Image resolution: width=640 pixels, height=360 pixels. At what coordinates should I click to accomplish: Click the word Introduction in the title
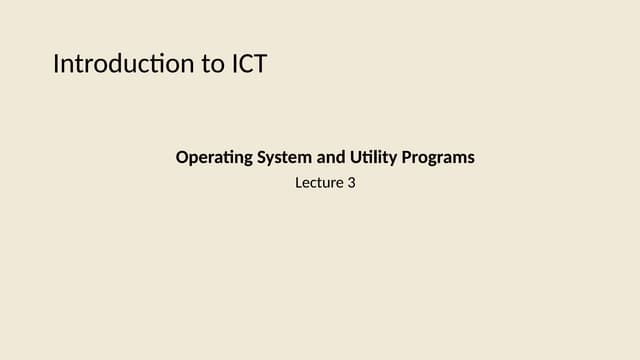pyautogui.click(x=123, y=65)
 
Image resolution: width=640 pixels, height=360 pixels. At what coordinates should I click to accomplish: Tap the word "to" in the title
pyautogui.click(x=210, y=65)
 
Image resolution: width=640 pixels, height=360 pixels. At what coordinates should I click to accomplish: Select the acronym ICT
pyautogui.click(x=248, y=65)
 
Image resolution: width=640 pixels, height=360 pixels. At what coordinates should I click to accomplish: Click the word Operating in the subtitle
pyautogui.click(x=212, y=158)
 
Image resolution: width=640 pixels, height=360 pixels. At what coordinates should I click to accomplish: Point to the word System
pyautogui.click(x=283, y=158)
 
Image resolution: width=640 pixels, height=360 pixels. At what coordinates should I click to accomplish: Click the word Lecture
pyautogui.click(x=319, y=183)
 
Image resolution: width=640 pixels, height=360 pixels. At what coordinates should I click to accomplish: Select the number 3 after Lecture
pyautogui.click(x=351, y=183)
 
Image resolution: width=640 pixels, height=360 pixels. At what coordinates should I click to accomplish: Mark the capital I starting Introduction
pyautogui.click(x=56, y=65)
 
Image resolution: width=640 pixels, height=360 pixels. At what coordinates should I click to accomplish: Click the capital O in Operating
pyautogui.click(x=182, y=158)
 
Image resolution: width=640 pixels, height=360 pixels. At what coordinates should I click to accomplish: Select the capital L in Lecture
pyautogui.click(x=298, y=183)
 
